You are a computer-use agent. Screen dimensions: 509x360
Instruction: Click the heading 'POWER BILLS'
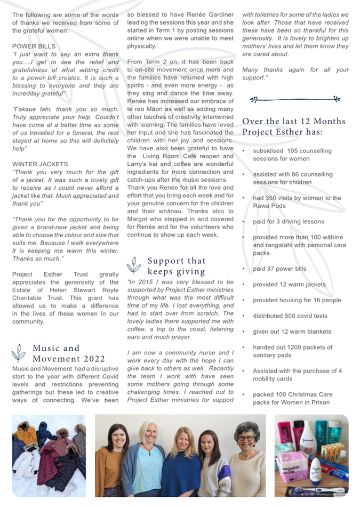pos(34,46)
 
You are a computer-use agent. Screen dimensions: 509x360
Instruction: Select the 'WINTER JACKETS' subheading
pos(40,164)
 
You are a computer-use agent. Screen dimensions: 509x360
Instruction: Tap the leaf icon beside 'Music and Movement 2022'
pos(18,353)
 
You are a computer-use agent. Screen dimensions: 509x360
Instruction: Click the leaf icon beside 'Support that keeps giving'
pos(133,265)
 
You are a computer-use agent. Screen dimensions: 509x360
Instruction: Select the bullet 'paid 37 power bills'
pos(279,269)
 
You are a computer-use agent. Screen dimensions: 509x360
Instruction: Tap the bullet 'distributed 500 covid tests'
pos(290,316)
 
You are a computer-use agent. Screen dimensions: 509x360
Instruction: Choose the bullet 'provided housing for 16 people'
pos(297,300)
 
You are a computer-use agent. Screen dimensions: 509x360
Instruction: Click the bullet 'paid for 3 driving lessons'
pos(288,221)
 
